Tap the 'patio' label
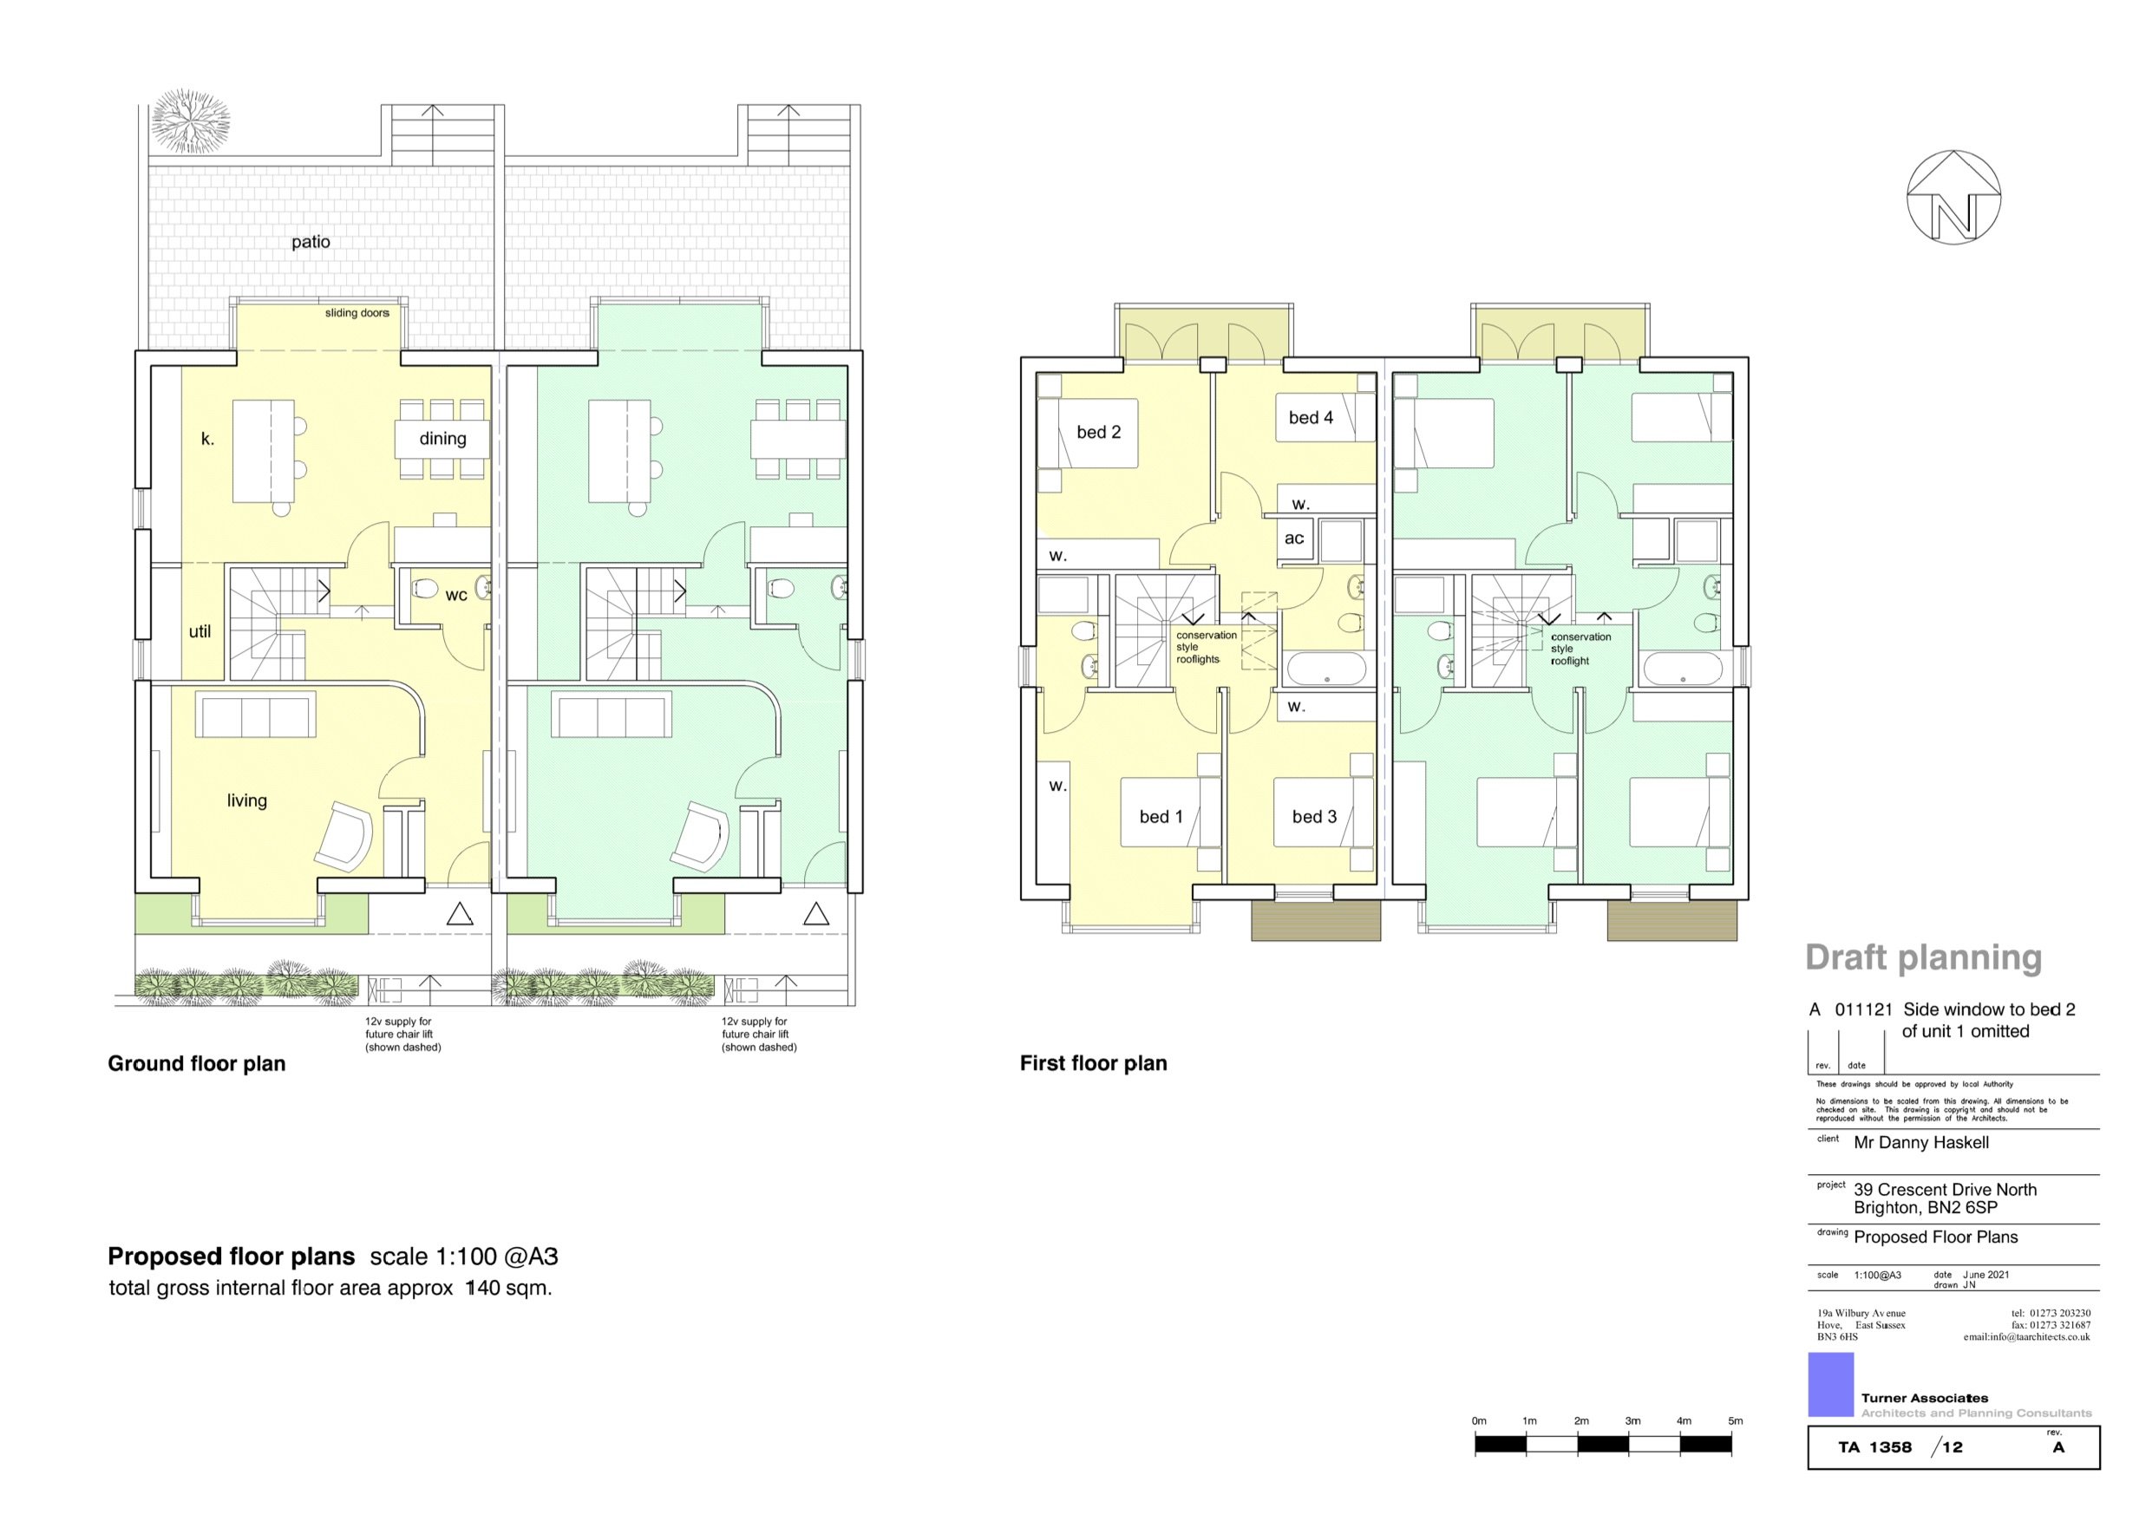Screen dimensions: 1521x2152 click(311, 242)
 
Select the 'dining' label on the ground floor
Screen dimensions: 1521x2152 click(442, 439)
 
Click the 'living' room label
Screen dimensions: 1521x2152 click(246, 800)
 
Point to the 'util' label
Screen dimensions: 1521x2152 click(200, 631)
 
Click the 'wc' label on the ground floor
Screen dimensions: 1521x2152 click(455, 595)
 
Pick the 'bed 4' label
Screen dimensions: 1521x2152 click(1311, 418)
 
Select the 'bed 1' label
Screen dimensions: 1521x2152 click(1161, 817)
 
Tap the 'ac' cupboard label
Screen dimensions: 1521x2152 click(1293, 539)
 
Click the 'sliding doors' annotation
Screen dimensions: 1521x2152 click(356, 313)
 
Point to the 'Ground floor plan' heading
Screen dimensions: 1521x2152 click(196, 1064)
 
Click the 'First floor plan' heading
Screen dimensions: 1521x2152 click(1093, 1064)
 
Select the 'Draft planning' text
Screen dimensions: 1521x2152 click(1922, 956)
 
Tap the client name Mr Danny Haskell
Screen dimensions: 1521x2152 click(1920, 1142)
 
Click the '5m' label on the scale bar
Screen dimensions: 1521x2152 click(1735, 1420)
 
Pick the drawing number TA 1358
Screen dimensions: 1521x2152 click(1874, 1448)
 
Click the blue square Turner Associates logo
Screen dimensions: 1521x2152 click(1830, 1385)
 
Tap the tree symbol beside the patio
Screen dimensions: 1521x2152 click(191, 120)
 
